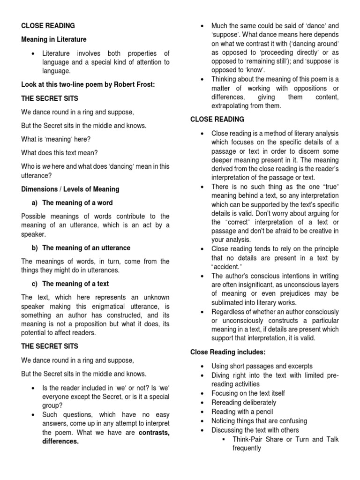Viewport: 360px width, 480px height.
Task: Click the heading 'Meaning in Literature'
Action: click(x=54, y=39)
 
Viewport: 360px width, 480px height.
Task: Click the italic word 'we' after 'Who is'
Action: click(x=46, y=166)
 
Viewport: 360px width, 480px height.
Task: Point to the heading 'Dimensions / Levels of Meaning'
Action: click(x=70, y=189)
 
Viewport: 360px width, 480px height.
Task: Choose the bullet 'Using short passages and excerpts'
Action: click(x=262, y=366)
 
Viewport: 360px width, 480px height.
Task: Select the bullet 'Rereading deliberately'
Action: click(x=244, y=402)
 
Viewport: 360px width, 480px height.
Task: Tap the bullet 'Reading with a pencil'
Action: click(x=243, y=412)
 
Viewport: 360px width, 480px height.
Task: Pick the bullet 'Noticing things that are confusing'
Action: click(x=259, y=420)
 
